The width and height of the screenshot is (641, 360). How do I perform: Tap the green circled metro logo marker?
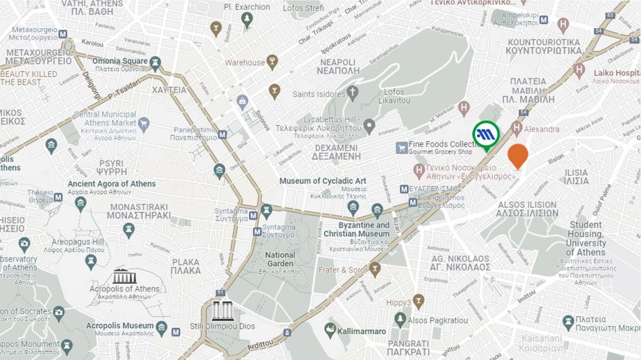pyautogui.click(x=486, y=133)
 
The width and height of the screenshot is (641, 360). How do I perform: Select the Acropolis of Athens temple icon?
pyautogui.click(x=123, y=276)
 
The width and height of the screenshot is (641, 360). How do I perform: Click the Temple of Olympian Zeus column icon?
pyautogui.click(x=223, y=311)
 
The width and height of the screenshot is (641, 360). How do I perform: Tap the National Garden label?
pyautogui.click(x=280, y=255)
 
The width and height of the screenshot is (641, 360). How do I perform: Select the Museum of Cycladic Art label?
pyautogui.click(x=322, y=181)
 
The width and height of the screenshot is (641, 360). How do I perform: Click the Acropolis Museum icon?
pyautogui.click(x=162, y=326)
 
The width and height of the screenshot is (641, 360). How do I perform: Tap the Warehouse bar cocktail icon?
pyautogui.click(x=272, y=62)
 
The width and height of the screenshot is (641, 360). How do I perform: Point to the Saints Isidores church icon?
pyautogui.click(x=352, y=95)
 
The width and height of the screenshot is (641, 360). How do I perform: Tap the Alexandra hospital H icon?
pyautogui.click(x=516, y=129)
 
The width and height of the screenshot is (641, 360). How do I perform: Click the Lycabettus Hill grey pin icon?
pyautogui.click(x=369, y=127)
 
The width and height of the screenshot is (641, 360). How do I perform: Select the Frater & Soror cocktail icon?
pyautogui.click(x=375, y=270)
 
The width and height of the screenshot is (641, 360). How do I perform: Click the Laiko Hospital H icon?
pyautogui.click(x=579, y=69)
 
